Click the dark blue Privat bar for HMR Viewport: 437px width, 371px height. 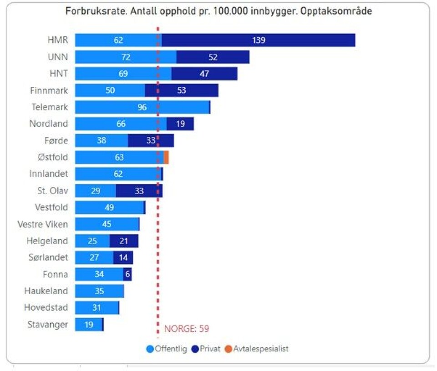pos(258,40)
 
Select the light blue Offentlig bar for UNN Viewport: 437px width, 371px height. pos(126,57)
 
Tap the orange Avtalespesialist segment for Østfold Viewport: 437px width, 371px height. pos(166,157)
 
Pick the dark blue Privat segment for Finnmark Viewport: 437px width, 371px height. pos(182,90)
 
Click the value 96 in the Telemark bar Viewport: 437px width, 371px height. pos(142,107)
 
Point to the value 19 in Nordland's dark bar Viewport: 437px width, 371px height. pos(180,124)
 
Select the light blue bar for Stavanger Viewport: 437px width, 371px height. pos(88,325)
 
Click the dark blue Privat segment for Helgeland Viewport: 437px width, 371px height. pos(123,241)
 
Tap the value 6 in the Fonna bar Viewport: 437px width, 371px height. pos(127,274)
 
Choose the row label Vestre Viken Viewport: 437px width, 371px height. pos(43,224)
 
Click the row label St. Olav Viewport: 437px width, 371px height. pos(52,191)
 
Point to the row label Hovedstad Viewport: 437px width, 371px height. pos(46,308)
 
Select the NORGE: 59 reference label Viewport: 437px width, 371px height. pos(187,329)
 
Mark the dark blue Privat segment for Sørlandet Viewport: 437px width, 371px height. pos(123,258)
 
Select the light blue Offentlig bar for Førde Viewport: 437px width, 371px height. pos(101,140)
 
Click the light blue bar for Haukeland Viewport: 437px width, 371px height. pos(99,291)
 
